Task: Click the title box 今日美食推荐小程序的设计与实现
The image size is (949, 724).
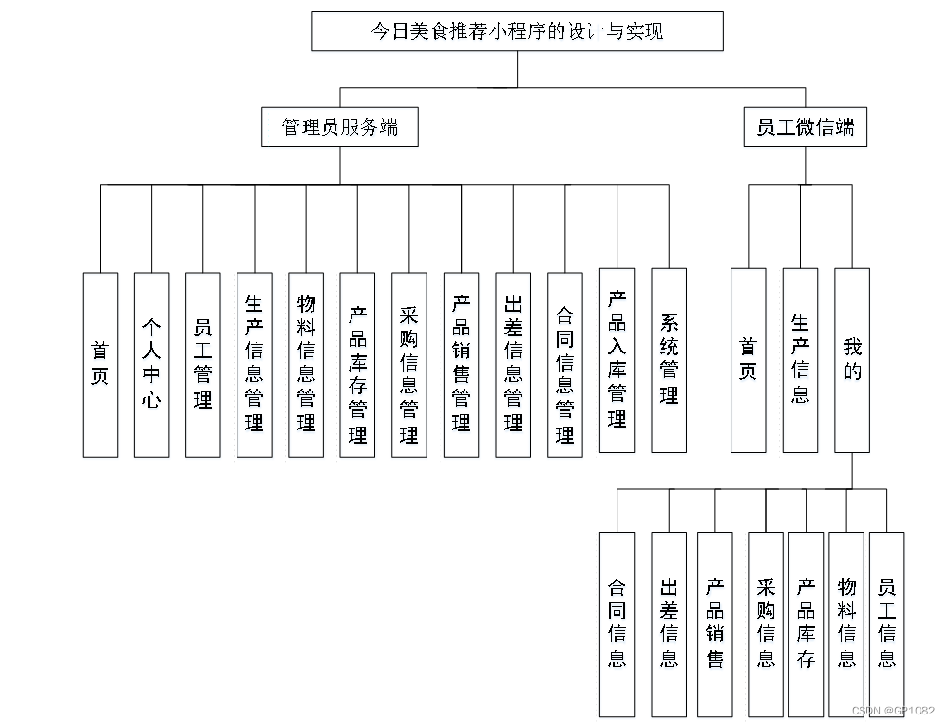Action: click(x=517, y=31)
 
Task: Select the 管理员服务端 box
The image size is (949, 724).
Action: click(x=340, y=127)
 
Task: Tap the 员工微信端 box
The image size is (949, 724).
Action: click(x=805, y=127)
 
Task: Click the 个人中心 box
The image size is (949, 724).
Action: click(x=151, y=365)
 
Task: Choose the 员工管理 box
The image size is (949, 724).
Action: click(x=202, y=365)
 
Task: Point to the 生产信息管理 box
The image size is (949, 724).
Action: click(x=254, y=365)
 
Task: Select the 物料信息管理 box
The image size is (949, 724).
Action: click(x=306, y=365)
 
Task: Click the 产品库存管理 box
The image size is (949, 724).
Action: click(x=357, y=365)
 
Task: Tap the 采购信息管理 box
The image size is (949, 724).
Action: click(x=409, y=365)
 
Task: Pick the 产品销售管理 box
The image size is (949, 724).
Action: click(x=461, y=365)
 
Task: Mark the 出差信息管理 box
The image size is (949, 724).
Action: click(x=513, y=365)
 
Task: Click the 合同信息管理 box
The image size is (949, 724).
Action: click(x=565, y=365)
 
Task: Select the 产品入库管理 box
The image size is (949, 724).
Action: click(x=617, y=360)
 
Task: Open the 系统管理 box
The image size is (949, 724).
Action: click(x=669, y=360)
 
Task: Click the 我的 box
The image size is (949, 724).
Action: click(x=852, y=360)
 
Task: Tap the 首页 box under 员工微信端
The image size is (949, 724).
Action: click(x=748, y=360)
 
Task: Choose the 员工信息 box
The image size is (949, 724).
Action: click(x=886, y=623)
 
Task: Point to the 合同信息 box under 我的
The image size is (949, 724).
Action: click(x=617, y=623)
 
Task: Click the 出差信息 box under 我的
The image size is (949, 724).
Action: click(x=669, y=623)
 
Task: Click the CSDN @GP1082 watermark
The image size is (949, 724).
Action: click(x=893, y=711)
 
